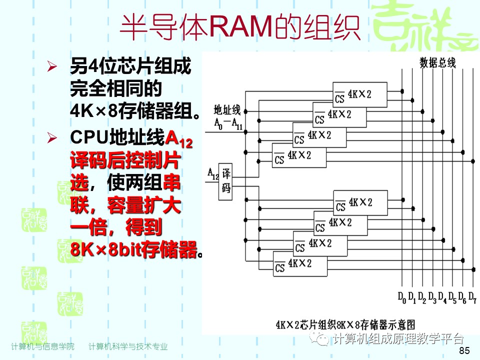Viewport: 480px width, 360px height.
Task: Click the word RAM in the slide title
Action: [238, 27]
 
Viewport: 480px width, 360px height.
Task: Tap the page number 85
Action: [464, 351]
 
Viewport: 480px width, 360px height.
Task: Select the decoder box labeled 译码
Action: [225, 181]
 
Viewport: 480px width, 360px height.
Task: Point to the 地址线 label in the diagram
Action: [227, 109]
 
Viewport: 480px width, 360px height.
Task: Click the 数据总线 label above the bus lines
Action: [437, 62]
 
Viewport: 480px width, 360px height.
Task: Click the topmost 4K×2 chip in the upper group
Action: [360, 95]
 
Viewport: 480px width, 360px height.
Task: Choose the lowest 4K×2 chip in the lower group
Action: [300, 263]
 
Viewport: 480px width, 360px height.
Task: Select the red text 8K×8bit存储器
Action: [133, 250]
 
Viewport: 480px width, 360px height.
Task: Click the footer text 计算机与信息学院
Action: [42, 346]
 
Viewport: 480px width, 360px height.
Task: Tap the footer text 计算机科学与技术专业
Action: [128, 346]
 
